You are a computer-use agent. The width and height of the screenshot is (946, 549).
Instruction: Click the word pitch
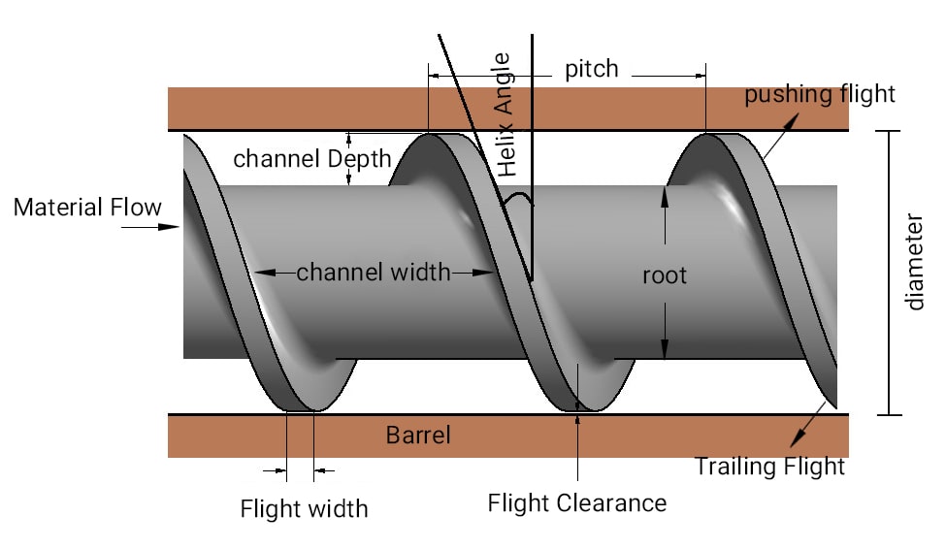(x=591, y=70)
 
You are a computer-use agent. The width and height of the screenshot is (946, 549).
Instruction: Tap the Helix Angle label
(x=504, y=114)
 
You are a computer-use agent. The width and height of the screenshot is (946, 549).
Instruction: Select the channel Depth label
(x=311, y=159)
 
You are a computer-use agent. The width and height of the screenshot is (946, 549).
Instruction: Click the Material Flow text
(x=87, y=208)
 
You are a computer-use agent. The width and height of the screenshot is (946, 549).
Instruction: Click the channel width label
(x=374, y=273)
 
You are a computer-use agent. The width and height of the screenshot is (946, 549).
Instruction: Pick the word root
(x=665, y=275)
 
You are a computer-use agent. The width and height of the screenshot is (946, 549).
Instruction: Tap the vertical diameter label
(x=915, y=262)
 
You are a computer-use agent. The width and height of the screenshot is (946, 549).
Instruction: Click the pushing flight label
(x=819, y=95)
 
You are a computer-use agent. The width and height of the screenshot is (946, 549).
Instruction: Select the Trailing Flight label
(x=769, y=467)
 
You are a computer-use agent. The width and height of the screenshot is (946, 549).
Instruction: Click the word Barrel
(x=418, y=435)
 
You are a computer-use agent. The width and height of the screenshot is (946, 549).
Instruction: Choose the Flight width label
(x=304, y=508)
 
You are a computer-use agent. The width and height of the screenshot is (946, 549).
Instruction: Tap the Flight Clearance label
(x=577, y=503)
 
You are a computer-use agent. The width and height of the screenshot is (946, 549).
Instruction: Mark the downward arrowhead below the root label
(x=665, y=348)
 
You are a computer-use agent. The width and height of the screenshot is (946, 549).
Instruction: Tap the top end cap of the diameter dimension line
(x=889, y=131)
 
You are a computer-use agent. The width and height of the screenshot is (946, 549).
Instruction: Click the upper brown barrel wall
(x=508, y=109)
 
